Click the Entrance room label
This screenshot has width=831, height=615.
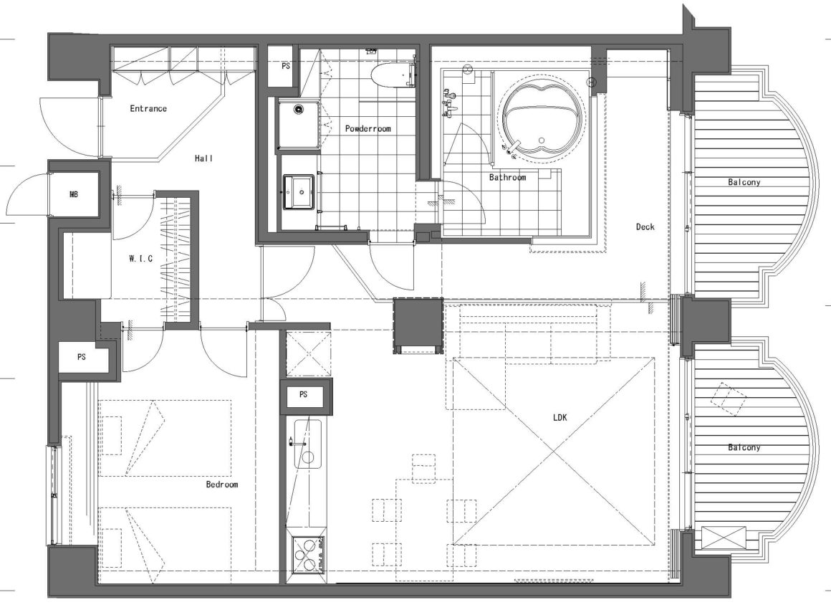click(x=148, y=109)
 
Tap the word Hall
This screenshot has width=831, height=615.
click(x=204, y=158)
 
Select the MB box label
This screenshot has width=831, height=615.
click(x=74, y=194)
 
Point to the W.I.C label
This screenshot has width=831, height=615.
click(x=141, y=259)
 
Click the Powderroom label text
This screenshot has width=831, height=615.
click(x=368, y=128)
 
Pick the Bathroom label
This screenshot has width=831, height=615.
click(x=508, y=177)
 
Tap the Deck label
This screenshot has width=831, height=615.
click(x=645, y=227)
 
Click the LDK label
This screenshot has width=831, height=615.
click(x=560, y=418)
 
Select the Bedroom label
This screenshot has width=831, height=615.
click(x=222, y=485)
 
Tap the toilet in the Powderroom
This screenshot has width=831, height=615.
click(x=393, y=77)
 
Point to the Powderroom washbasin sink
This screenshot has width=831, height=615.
click(x=300, y=191)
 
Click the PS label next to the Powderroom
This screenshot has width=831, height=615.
click(x=286, y=66)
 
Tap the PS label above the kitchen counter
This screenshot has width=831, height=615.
click(x=303, y=394)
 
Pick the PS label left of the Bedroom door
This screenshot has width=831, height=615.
click(x=81, y=357)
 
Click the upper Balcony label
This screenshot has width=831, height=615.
click(x=744, y=182)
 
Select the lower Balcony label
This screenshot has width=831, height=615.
click(x=744, y=447)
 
